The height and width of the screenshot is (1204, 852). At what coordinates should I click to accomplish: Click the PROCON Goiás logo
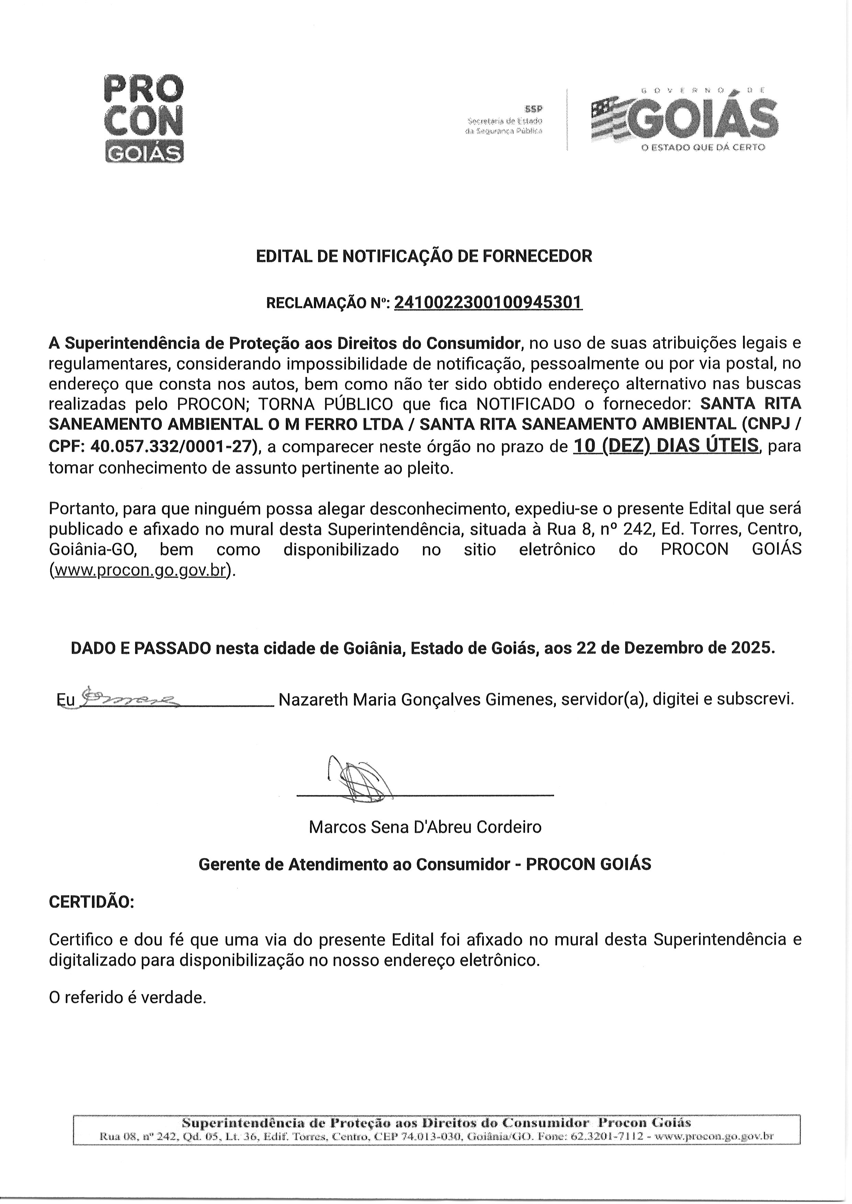pos(144,119)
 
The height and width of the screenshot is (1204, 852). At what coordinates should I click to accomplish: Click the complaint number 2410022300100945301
pos(488,303)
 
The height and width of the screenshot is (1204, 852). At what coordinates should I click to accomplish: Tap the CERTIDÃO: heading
pos(91,902)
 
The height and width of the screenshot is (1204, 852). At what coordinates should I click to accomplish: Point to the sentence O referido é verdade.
pos(127,997)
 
